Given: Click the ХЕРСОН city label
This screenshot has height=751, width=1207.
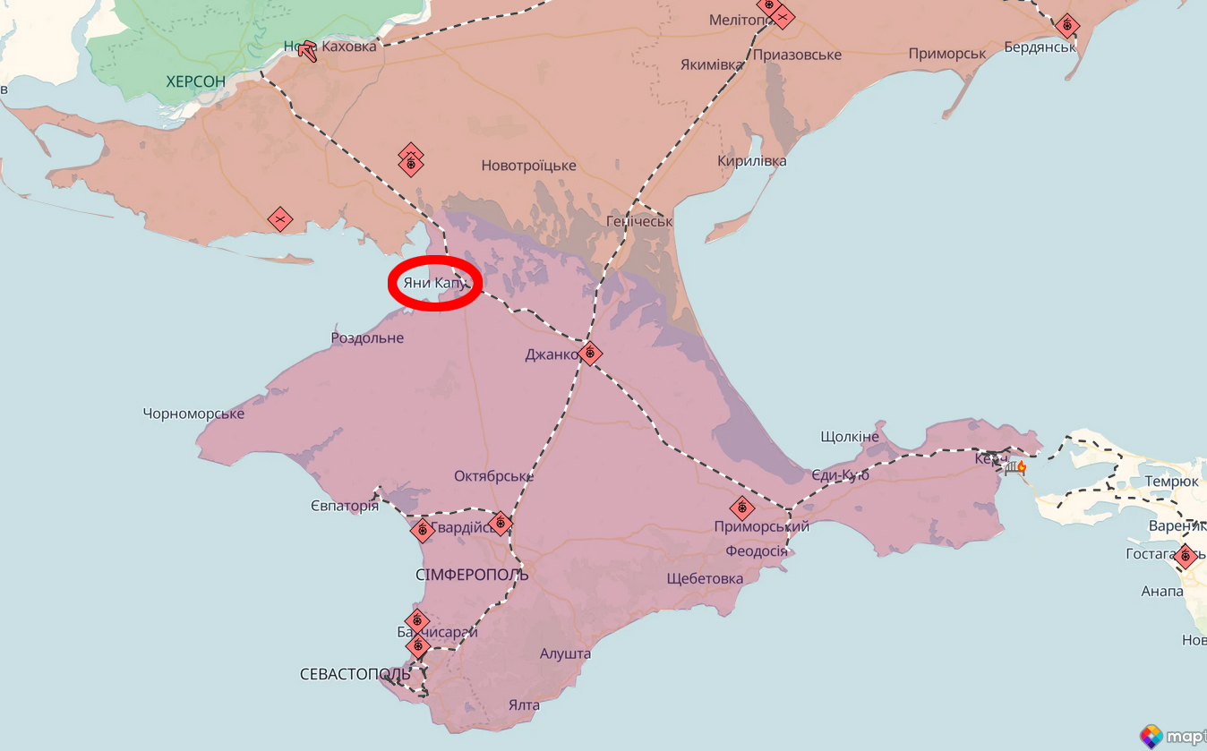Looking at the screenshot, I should tap(195, 81).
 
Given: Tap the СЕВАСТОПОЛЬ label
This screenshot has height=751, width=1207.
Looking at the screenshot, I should tap(355, 674).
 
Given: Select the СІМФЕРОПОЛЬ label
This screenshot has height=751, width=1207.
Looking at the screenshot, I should tap(472, 574).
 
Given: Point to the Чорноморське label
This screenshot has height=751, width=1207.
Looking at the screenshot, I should tap(193, 414).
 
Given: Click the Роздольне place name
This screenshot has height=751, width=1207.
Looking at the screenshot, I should tap(367, 338).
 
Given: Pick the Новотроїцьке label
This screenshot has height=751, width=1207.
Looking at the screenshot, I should tap(528, 166).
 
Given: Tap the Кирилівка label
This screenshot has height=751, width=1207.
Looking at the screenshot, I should tap(752, 161).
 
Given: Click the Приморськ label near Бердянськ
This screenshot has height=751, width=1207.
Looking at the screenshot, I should tap(947, 54).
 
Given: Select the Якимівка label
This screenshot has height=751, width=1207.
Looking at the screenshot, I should tap(712, 65).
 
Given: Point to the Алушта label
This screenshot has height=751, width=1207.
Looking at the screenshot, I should tap(565, 653).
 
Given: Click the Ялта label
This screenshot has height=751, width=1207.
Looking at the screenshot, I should tap(524, 704).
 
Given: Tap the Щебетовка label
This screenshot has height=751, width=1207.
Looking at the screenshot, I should tap(705, 578).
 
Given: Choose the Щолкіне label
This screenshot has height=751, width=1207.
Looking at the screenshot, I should tap(850, 437).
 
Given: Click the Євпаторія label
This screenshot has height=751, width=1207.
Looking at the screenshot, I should tap(345, 507).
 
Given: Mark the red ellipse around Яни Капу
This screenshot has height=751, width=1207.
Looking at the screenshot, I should tap(435, 283).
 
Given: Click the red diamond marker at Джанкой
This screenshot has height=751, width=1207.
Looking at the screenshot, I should tap(589, 353).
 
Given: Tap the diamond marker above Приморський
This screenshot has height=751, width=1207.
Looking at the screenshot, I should tap(741, 508).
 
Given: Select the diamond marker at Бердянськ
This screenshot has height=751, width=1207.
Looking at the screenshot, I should tap(1066, 26).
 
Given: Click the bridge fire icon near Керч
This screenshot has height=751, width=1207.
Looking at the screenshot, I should tap(1015, 466).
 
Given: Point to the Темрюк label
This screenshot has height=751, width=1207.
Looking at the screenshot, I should tap(1171, 482).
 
